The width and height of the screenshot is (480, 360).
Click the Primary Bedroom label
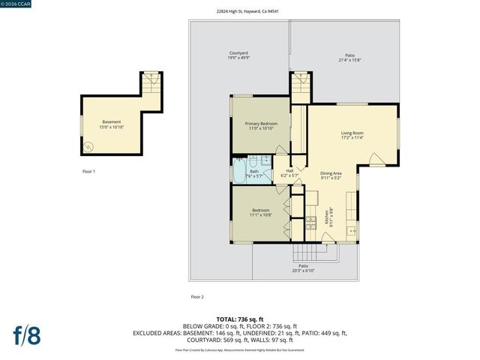[x=258, y=125]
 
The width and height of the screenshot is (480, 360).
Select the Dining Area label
[x=331, y=175]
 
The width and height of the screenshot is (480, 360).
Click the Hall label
[x=289, y=172]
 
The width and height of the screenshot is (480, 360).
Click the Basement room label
[x=111, y=124]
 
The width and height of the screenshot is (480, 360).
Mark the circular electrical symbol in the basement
[x=91, y=146]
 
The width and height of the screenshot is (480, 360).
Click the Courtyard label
[x=238, y=55]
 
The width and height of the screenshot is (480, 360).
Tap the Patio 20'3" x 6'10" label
[x=304, y=268]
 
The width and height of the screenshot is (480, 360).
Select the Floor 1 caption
[x=88, y=172]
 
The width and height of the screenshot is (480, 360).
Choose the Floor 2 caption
[x=196, y=297]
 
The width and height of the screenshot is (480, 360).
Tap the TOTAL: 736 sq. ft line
[x=241, y=319]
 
